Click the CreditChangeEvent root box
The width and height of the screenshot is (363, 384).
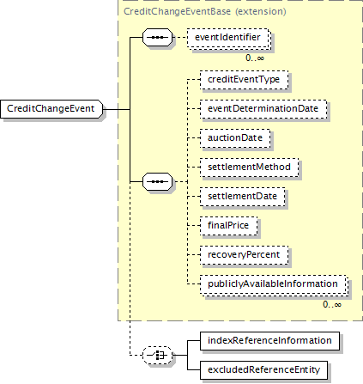51,109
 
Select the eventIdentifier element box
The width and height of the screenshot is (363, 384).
228,38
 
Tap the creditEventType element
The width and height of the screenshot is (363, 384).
244,80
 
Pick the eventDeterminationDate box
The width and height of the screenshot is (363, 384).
263,109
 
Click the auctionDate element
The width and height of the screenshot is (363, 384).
235,138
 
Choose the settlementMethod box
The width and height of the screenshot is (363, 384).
249,168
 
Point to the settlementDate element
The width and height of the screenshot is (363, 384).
243,197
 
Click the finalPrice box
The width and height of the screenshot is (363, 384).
228,226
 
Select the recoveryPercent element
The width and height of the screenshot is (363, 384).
244,255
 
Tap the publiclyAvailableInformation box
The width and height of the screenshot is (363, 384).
274,284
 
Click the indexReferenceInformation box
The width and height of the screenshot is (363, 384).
269,341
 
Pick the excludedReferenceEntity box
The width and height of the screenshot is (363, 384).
263,370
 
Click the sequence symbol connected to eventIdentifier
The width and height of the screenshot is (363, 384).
158,37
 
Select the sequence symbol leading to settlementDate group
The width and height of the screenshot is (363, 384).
158,181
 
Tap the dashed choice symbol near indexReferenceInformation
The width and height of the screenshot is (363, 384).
158,356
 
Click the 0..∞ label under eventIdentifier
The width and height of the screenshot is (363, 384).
255,58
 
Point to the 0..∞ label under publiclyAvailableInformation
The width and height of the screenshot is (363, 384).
332,304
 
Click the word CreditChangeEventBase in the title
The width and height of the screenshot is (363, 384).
177,11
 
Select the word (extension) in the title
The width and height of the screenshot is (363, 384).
261,11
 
